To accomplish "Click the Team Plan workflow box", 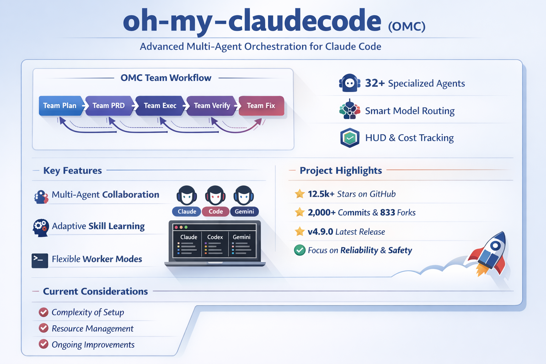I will (x=60, y=106).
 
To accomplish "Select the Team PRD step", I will (x=109, y=106).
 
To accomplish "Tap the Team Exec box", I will (x=160, y=106).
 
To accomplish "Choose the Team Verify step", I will (x=212, y=106).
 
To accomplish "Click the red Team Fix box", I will (x=261, y=106).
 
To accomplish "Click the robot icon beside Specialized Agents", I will (x=349, y=83).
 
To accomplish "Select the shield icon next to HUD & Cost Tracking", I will (x=350, y=138).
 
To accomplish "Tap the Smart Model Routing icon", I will (x=350, y=110).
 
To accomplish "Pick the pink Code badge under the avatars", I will (x=216, y=212).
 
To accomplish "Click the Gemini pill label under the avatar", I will (x=245, y=212).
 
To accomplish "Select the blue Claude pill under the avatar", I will (x=187, y=212).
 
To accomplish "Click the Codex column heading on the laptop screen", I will (x=215, y=237).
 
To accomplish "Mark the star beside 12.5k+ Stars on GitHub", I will (x=300, y=194).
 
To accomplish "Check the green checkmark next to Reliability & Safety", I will (x=300, y=250).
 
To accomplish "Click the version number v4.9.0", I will (x=320, y=232).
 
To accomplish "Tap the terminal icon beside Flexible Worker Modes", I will (x=40, y=260).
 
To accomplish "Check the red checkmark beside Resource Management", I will (x=44, y=328).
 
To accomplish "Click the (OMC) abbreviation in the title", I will (x=407, y=27).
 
